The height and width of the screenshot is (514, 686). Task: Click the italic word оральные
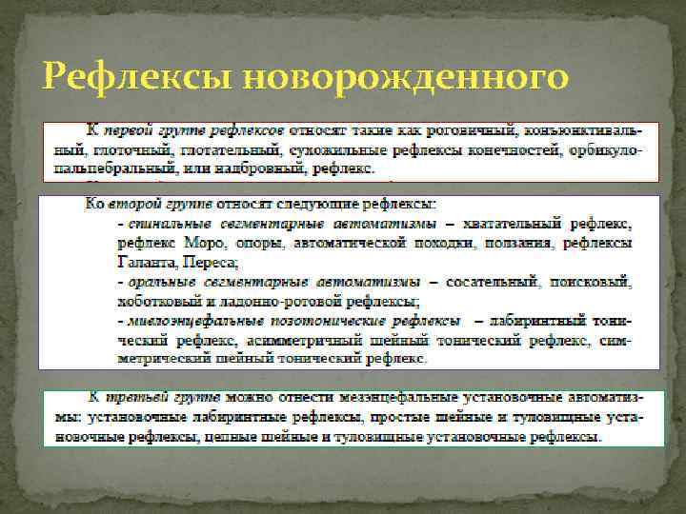(155, 283)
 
